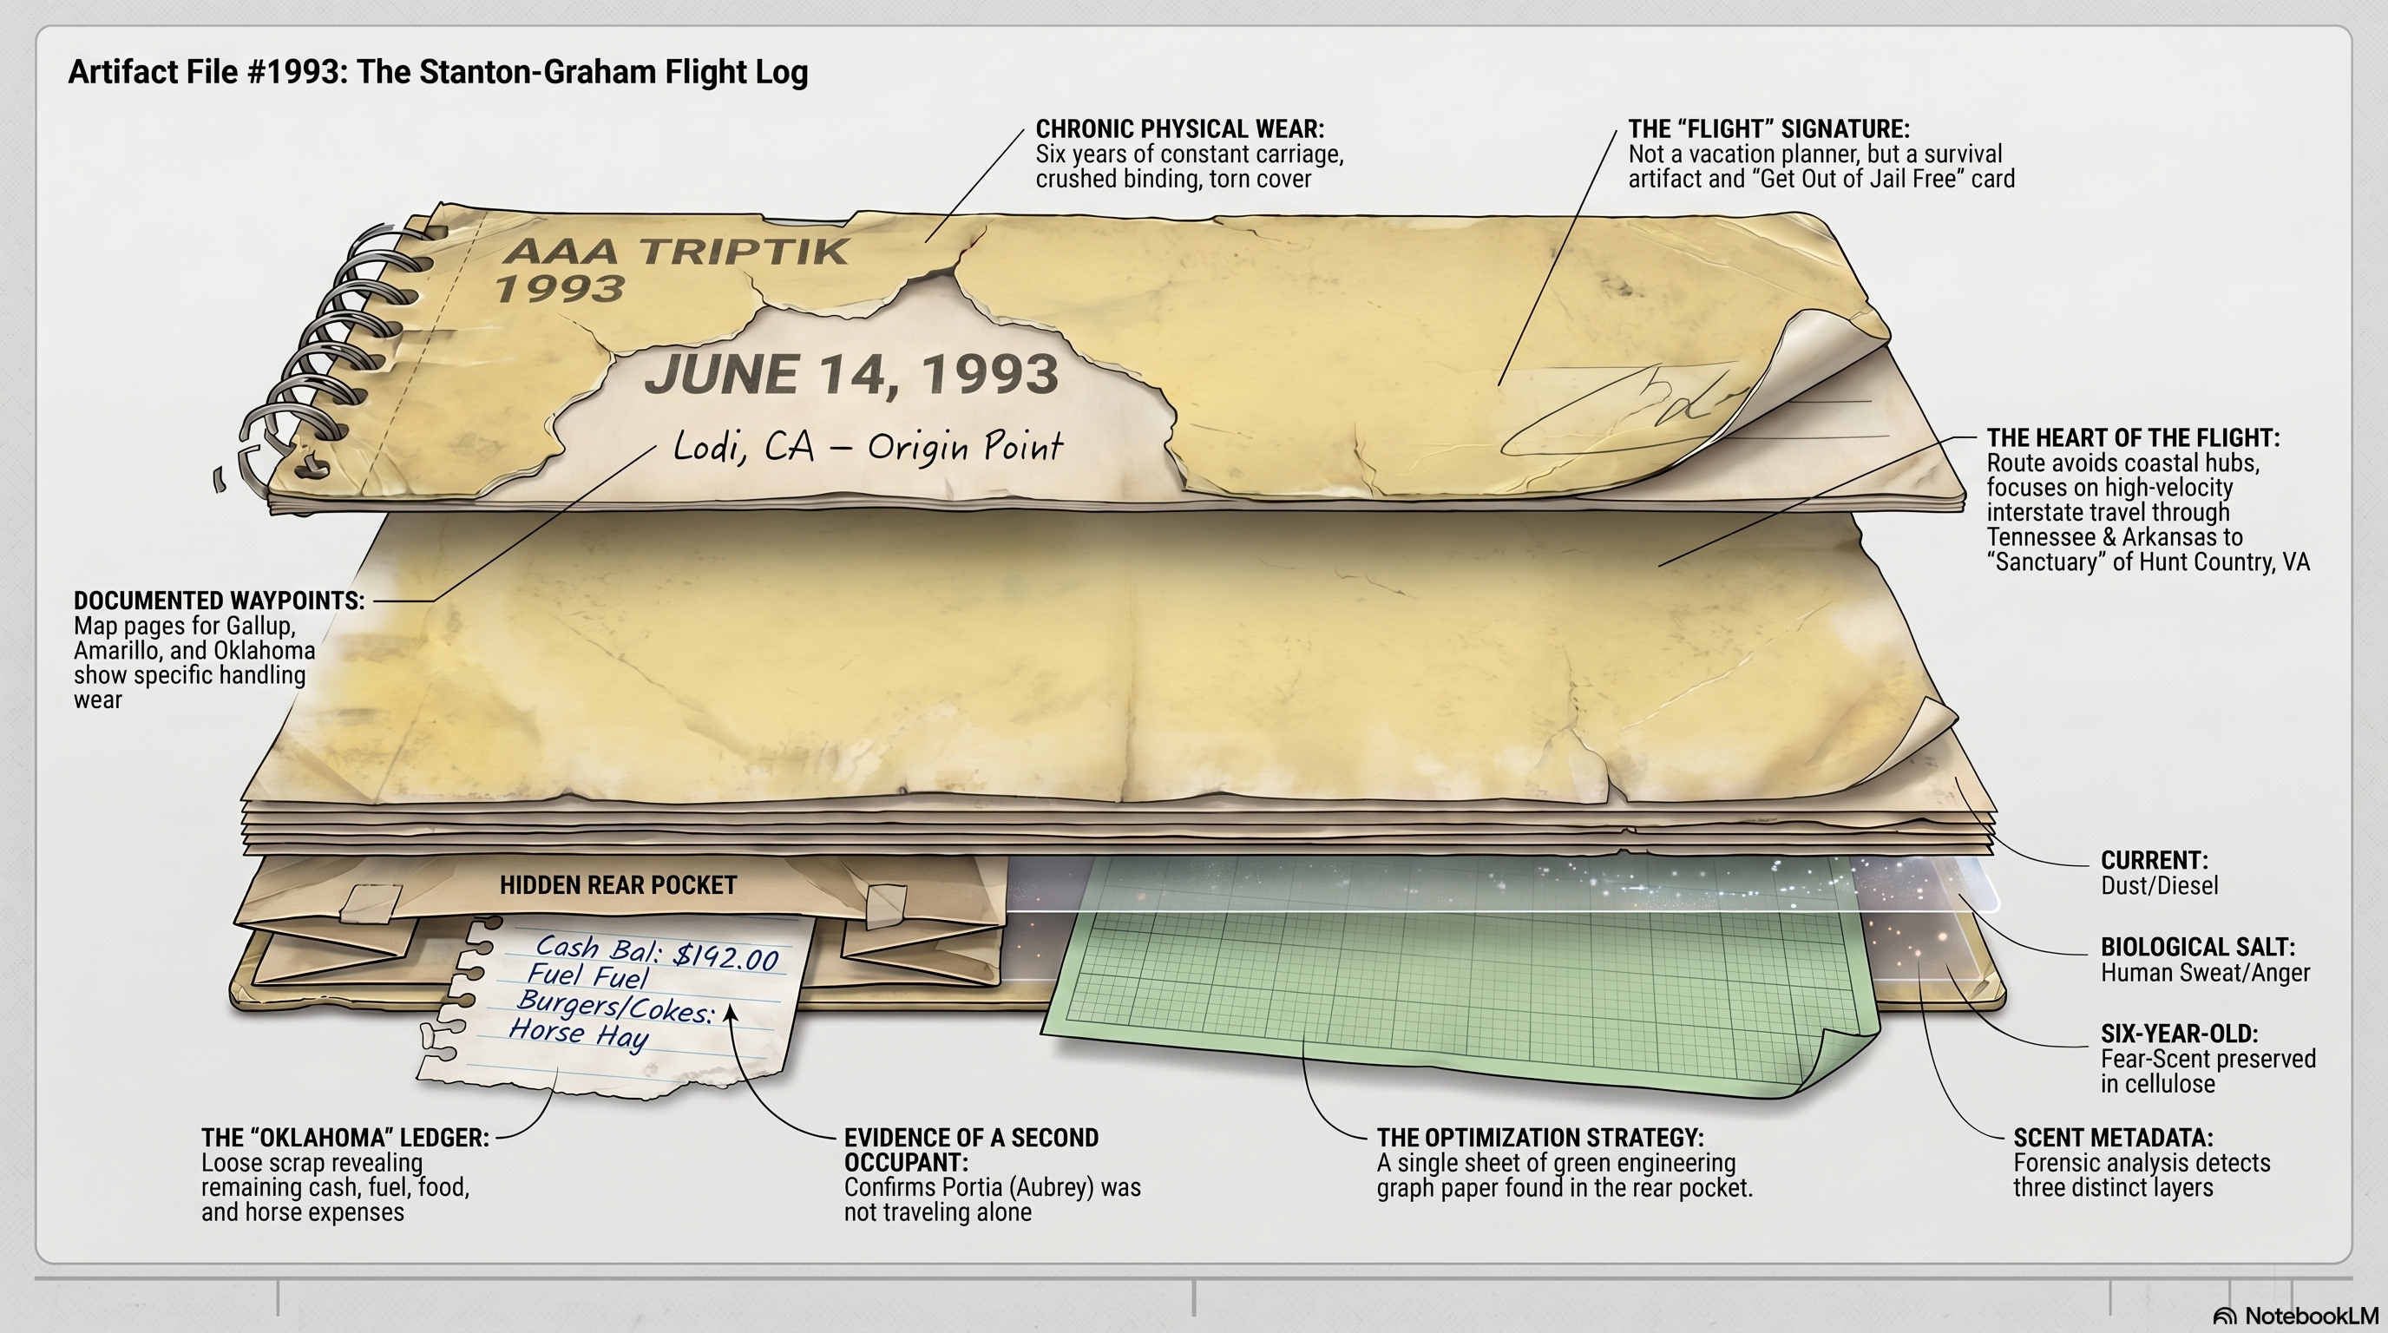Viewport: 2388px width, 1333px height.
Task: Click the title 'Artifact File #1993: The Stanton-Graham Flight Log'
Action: tap(437, 72)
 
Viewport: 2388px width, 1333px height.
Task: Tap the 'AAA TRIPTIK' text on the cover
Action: tap(674, 251)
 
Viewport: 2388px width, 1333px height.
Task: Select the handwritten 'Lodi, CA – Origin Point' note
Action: tap(868, 448)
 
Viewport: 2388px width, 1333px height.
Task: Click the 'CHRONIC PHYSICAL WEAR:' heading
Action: tap(1180, 128)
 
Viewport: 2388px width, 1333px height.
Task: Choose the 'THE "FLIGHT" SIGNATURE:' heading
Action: tap(1768, 128)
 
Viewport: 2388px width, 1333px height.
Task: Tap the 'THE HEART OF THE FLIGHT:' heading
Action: tap(2133, 437)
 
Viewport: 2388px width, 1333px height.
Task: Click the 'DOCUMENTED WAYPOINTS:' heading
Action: tap(219, 601)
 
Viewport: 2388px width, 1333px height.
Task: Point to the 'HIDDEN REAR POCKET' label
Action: tap(619, 885)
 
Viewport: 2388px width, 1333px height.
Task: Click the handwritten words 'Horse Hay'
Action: tap(579, 1033)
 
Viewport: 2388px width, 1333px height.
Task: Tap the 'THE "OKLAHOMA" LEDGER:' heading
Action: tap(344, 1138)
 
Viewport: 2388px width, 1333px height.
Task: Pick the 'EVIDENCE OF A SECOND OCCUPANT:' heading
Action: tap(971, 1150)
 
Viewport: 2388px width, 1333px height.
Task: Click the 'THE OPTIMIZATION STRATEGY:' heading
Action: tap(1539, 1138)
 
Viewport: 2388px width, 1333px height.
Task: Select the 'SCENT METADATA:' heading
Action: tap(2113, 1138)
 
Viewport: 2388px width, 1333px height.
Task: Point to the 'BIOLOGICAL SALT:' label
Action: tap(2198, 948)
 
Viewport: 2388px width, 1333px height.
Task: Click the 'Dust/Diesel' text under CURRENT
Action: tap(2159, 885)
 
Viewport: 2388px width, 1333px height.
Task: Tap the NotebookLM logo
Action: tap(2295, 1317)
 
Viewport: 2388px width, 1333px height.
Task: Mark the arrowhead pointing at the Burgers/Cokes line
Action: tap(731, 1012)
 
